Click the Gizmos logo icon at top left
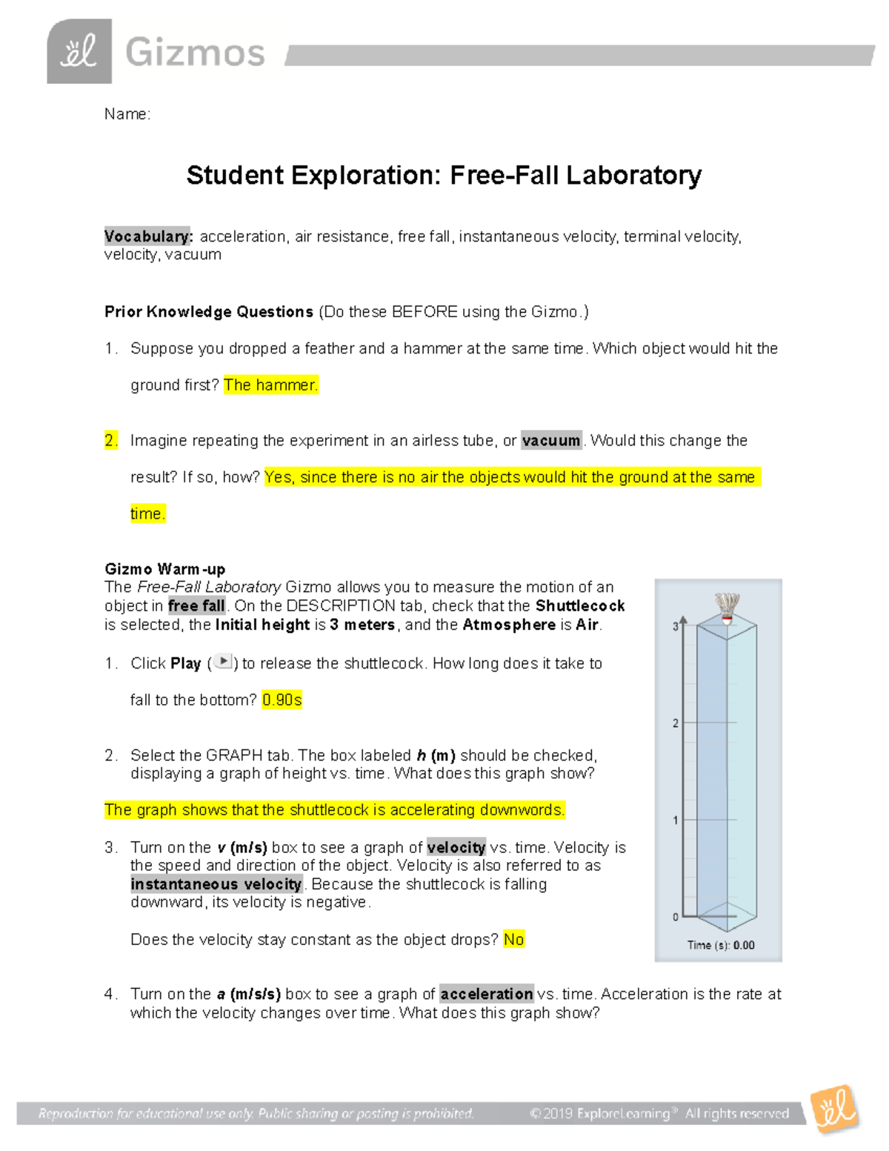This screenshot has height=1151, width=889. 79,52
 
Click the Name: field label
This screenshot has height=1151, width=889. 127,114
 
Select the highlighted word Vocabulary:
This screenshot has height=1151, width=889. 148,236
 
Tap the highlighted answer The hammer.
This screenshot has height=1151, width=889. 270,385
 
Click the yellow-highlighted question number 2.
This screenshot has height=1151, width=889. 111,440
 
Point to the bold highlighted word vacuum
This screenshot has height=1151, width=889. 551,440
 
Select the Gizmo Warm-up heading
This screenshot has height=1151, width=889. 164,569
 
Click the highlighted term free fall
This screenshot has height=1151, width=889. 196,606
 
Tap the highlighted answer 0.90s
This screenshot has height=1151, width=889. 282,700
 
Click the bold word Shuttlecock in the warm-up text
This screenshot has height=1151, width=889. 580,606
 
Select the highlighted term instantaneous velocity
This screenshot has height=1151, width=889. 216,884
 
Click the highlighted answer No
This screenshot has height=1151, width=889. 513,940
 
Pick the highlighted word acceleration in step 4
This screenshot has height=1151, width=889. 487,994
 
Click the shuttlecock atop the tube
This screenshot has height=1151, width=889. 727,607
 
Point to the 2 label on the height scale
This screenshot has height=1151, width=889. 675,723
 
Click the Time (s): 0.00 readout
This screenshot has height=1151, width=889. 720,945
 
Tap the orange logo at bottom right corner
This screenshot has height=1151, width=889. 835,1109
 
